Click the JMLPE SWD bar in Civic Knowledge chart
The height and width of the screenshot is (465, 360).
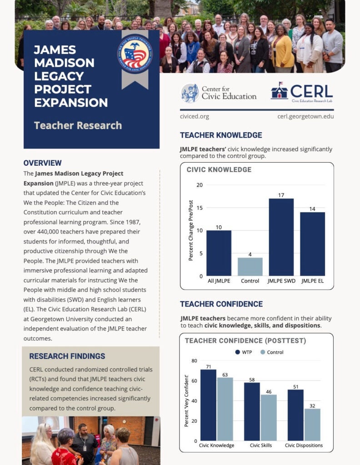(280, 237)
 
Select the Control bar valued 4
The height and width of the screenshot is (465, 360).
(250, 267)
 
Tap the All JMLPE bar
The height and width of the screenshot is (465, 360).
(219, 253)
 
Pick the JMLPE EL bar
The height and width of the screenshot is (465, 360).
(312, 244)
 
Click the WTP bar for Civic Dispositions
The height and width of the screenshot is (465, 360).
(295, 415)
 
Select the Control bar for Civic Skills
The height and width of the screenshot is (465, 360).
(269, 418)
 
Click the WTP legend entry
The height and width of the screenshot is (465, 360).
(244, 352)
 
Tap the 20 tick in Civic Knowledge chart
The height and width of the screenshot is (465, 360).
(200, 185)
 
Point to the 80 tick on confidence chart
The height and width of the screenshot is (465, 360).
(194, 361)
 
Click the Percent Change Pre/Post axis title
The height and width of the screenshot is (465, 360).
(191, 232)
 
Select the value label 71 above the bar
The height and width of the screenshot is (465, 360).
(208, 366)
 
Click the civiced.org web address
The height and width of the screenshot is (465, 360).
(195, 116)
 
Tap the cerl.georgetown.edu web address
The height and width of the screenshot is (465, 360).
(305, 116)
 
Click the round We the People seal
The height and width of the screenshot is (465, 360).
(135, 54)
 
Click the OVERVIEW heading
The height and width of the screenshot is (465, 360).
(42, 163)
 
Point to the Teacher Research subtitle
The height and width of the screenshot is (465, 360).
(78, 125)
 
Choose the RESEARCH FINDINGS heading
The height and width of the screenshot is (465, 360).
(67, 356)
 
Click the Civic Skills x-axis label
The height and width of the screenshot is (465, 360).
(261, 445)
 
